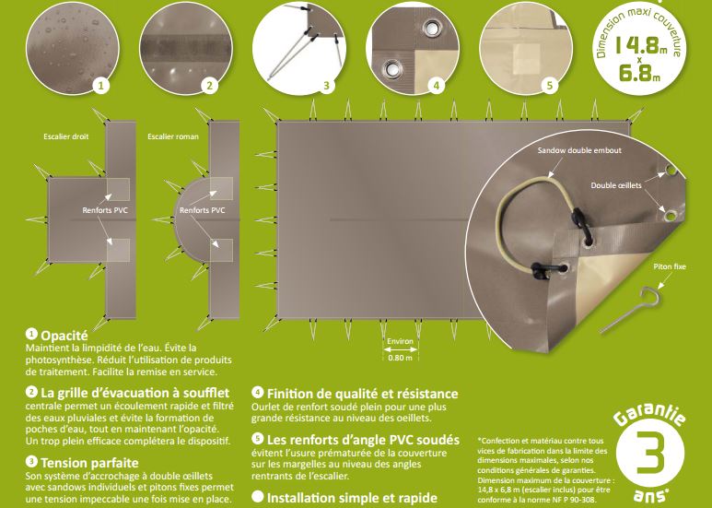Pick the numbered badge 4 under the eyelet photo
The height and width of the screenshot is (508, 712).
[x=437, y=86]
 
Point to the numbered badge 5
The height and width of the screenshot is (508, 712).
[x=550, y=86]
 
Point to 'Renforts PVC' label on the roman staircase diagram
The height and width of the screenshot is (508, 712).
[x=202, y=210]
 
